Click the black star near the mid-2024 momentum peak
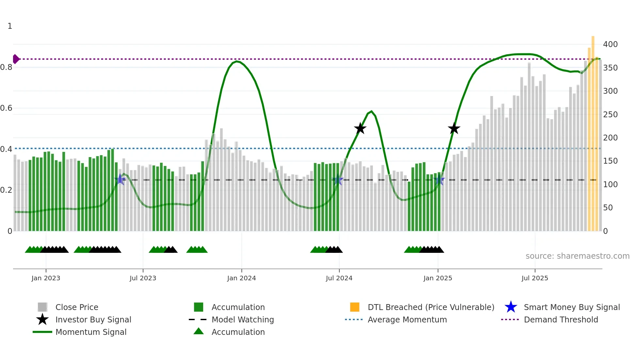pos(360,129)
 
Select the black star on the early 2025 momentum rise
pos(454,129)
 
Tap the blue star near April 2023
pos(120,179)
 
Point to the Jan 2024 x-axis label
pos(241,278)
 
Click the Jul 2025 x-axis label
pos(535,278)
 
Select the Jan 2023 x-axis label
pos(46,278)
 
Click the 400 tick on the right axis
pos(610,44)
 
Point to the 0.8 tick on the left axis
pos(6,67)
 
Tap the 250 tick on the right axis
pos(610,114)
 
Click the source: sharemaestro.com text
pos(577,256)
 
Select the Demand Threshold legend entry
pos(561,319)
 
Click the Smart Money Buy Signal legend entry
pos(571,307)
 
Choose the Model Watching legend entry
pos(242,319)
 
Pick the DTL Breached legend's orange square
pos(355,307)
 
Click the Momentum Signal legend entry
pos(91,332)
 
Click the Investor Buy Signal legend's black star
pos(42,319)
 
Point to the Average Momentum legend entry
pos(407,319)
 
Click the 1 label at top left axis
pos(10,26)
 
